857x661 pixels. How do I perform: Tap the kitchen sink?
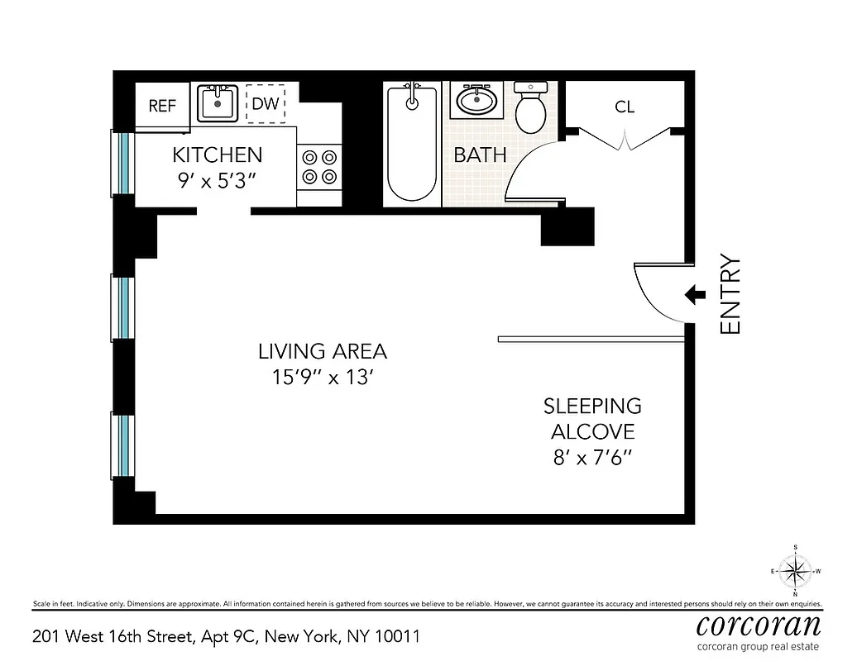pyautogui.click(x=218, y=103)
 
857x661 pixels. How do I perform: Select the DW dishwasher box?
pyautogui.click(x=265, y=104)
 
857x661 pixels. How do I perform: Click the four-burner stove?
pyautogui.click(x=318, y=165)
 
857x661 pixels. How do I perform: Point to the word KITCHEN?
pyautogui.click(x=217, y=155)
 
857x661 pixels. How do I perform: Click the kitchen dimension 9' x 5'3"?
pyautogui.click(x=217, y=180)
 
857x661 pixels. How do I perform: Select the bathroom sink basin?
pyautogui.click(x=476, y=102)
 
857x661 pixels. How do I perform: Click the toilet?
pyautogui.click(x=529, y=108)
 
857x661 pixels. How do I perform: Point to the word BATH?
pyautogui.click(x=480, y=155)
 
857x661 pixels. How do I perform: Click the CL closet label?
pyautogui.click(x=625, y=107)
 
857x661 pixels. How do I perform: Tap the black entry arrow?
pyautogui.click(x=695, y=294)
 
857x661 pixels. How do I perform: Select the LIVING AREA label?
pyautogui.click(x=322, y=351)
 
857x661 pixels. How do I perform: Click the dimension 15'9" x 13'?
pyautogui.click(x=322, y=378)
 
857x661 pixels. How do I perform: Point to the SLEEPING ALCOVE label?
pyautogui.click(x=592, y=418)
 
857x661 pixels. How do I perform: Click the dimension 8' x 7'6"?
pyautogui.click(x=592, y=457)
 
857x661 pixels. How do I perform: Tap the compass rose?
pyautogui.click(x=795, y=570)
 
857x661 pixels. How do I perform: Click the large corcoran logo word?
pyautogui.click(x=759, y=624)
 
